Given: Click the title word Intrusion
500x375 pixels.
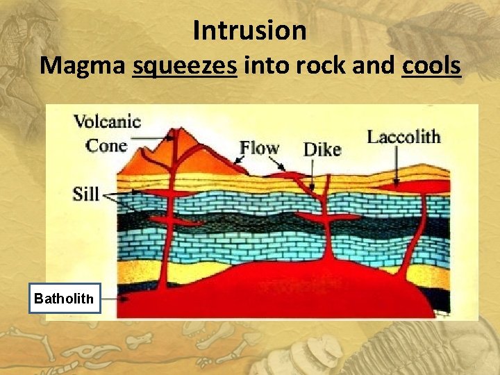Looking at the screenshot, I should pyautogui.click(x=249, y=31).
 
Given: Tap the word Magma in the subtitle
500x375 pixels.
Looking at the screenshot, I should pyautogui.click(x=83, y=66).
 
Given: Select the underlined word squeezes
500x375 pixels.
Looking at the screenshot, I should pyautogui.click(x=185, y=66).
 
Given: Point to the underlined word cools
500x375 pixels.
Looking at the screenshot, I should pyautogui.click(x=431, y=66).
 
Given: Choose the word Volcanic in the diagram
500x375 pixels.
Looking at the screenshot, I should pyautogui.click(x=107, y=123).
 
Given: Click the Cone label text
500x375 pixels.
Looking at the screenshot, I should pyautogui.click(x=106, y=145).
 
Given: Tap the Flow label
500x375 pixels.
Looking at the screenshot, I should pyautogui.click(x=259, y=148).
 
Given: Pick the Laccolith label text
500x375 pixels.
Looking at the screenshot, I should pyautogui.click(x=403, y=136).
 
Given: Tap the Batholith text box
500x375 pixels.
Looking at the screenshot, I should pyautogui.click(x=65, y=299).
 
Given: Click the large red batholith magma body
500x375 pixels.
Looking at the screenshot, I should pyautogui.click(x=292, y=292).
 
